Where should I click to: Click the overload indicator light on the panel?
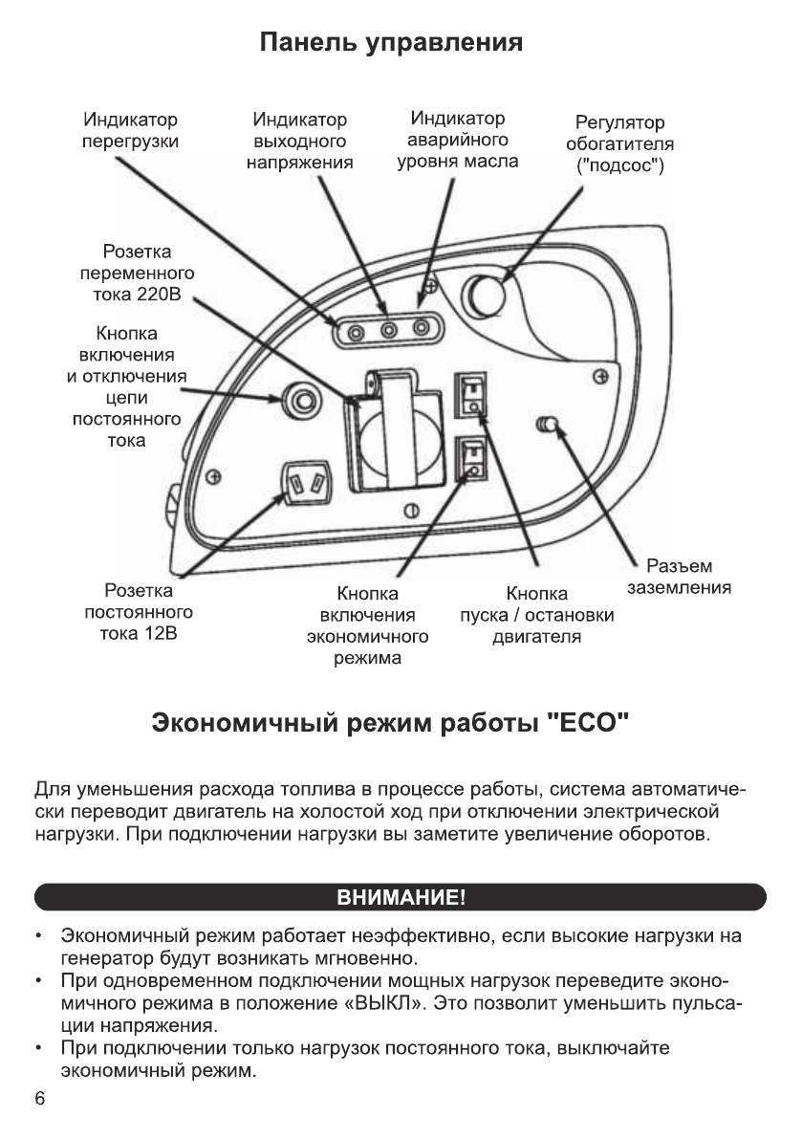point(357,332)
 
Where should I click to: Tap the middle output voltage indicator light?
point(388,331)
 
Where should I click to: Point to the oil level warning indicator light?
point(420,330)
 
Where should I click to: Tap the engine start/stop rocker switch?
point(468,394)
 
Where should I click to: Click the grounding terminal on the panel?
point(549,423)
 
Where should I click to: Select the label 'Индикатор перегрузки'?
point(130,131)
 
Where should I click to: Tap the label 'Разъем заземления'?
point(679,577)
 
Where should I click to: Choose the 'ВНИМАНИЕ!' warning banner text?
point(401,898)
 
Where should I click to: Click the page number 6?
point(40,1099)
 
